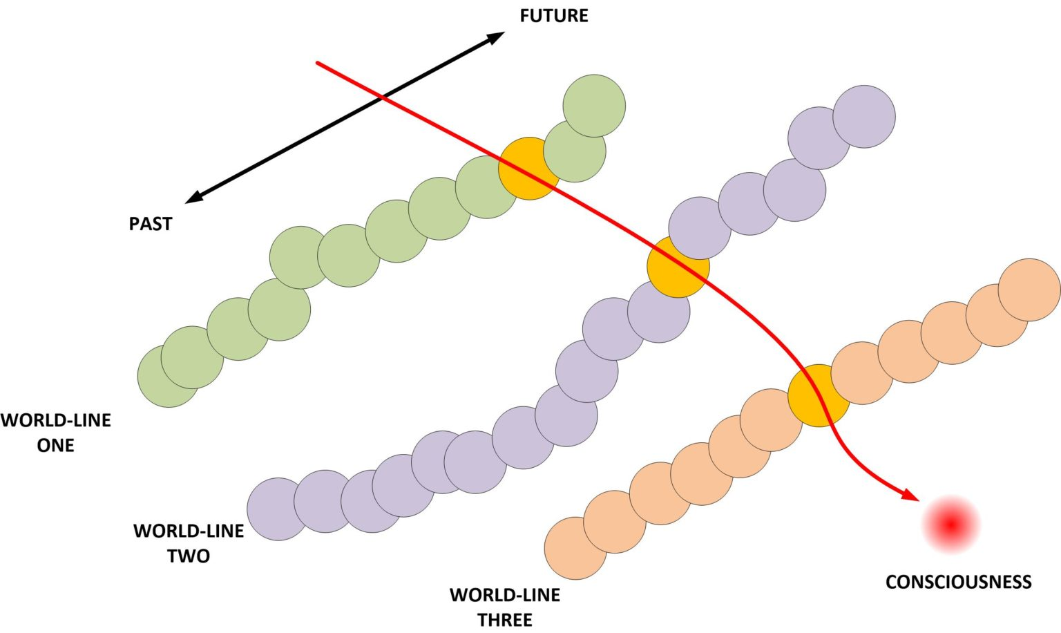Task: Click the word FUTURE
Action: click(x=553, y=16)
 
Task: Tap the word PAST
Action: click(x=150, y=224)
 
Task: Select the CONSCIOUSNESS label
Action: click(x=958, y=582)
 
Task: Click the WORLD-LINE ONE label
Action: click(x=55, y=433)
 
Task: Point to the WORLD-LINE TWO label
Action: click(x=188, y=543)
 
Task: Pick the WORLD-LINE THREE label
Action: click(x=504, y=607)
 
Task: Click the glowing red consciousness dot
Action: click(x=951, y=525)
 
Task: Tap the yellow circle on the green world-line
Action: click(x=528, y=169)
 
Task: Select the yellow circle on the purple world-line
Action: click(x=678, y=267)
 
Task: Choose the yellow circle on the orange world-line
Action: click(x=819, y=395)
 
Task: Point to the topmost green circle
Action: click(x=594, y=106)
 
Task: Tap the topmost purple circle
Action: click(x=863, y=116)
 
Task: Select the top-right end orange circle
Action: click(x=1029, y=290)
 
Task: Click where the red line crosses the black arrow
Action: click(x=383, y=99)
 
